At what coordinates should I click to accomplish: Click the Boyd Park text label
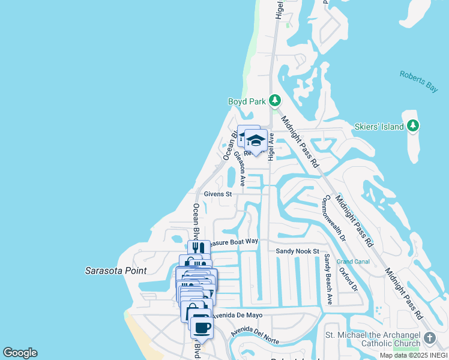[x=246, y=101]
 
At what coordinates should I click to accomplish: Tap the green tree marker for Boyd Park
[x=275, y=100]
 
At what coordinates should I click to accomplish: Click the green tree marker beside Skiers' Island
[x=412, y=125]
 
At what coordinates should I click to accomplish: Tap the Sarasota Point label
[x=116, y=271]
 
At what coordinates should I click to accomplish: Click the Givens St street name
[x=217, y=194]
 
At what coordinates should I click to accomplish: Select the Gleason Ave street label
[x=240, y=167]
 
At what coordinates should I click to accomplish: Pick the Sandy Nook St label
[x=297, y=251]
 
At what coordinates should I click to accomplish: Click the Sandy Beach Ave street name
[x=328, y=279]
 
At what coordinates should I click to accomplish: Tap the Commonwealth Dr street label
[x=335, y=218]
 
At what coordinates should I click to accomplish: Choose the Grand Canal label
[x=352, y=262]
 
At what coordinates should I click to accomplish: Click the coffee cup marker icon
[x=202, y=328]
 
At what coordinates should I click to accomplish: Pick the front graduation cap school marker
[x=256, y=140]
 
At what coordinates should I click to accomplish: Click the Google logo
[x=20, y=353]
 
